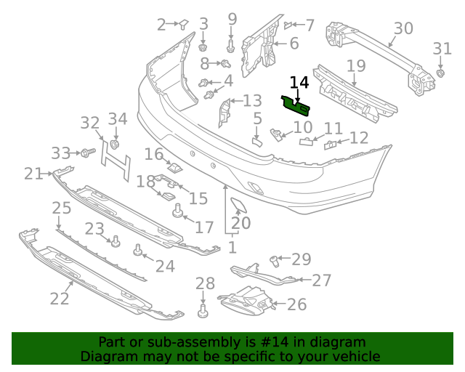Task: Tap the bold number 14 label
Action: [299, 84]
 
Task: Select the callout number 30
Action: [403, 29]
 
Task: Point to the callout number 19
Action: [355, 67]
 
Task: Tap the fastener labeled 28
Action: [203, 312]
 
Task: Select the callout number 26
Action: [296, 304]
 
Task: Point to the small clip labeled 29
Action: [275, 259]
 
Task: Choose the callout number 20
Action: [240, 223]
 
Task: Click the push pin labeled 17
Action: [176, 212]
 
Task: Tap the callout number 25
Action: [62, 209]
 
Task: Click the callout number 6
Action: [294, 44]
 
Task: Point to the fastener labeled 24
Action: [137, 251]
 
